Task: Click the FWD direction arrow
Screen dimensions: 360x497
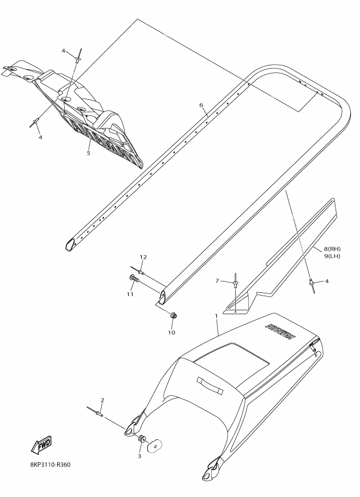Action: [41, 445]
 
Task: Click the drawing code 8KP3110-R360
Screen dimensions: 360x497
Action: [51, 465]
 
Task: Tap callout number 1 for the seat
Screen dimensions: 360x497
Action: [216, 316]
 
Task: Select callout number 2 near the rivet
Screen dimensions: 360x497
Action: [102, 400]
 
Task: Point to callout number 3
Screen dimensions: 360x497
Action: [139, 456]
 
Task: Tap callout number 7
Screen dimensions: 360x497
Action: [217, 280]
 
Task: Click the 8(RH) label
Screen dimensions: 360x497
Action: [332, 249]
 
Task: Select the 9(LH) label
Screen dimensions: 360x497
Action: [332, 256]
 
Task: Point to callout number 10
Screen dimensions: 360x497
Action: [171, 333]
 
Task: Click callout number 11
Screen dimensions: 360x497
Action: [130, 294]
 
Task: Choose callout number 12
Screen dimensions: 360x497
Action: [143, 257]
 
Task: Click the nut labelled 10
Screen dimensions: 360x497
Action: [173, 316]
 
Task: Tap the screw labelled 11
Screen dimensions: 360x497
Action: [135, 279]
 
